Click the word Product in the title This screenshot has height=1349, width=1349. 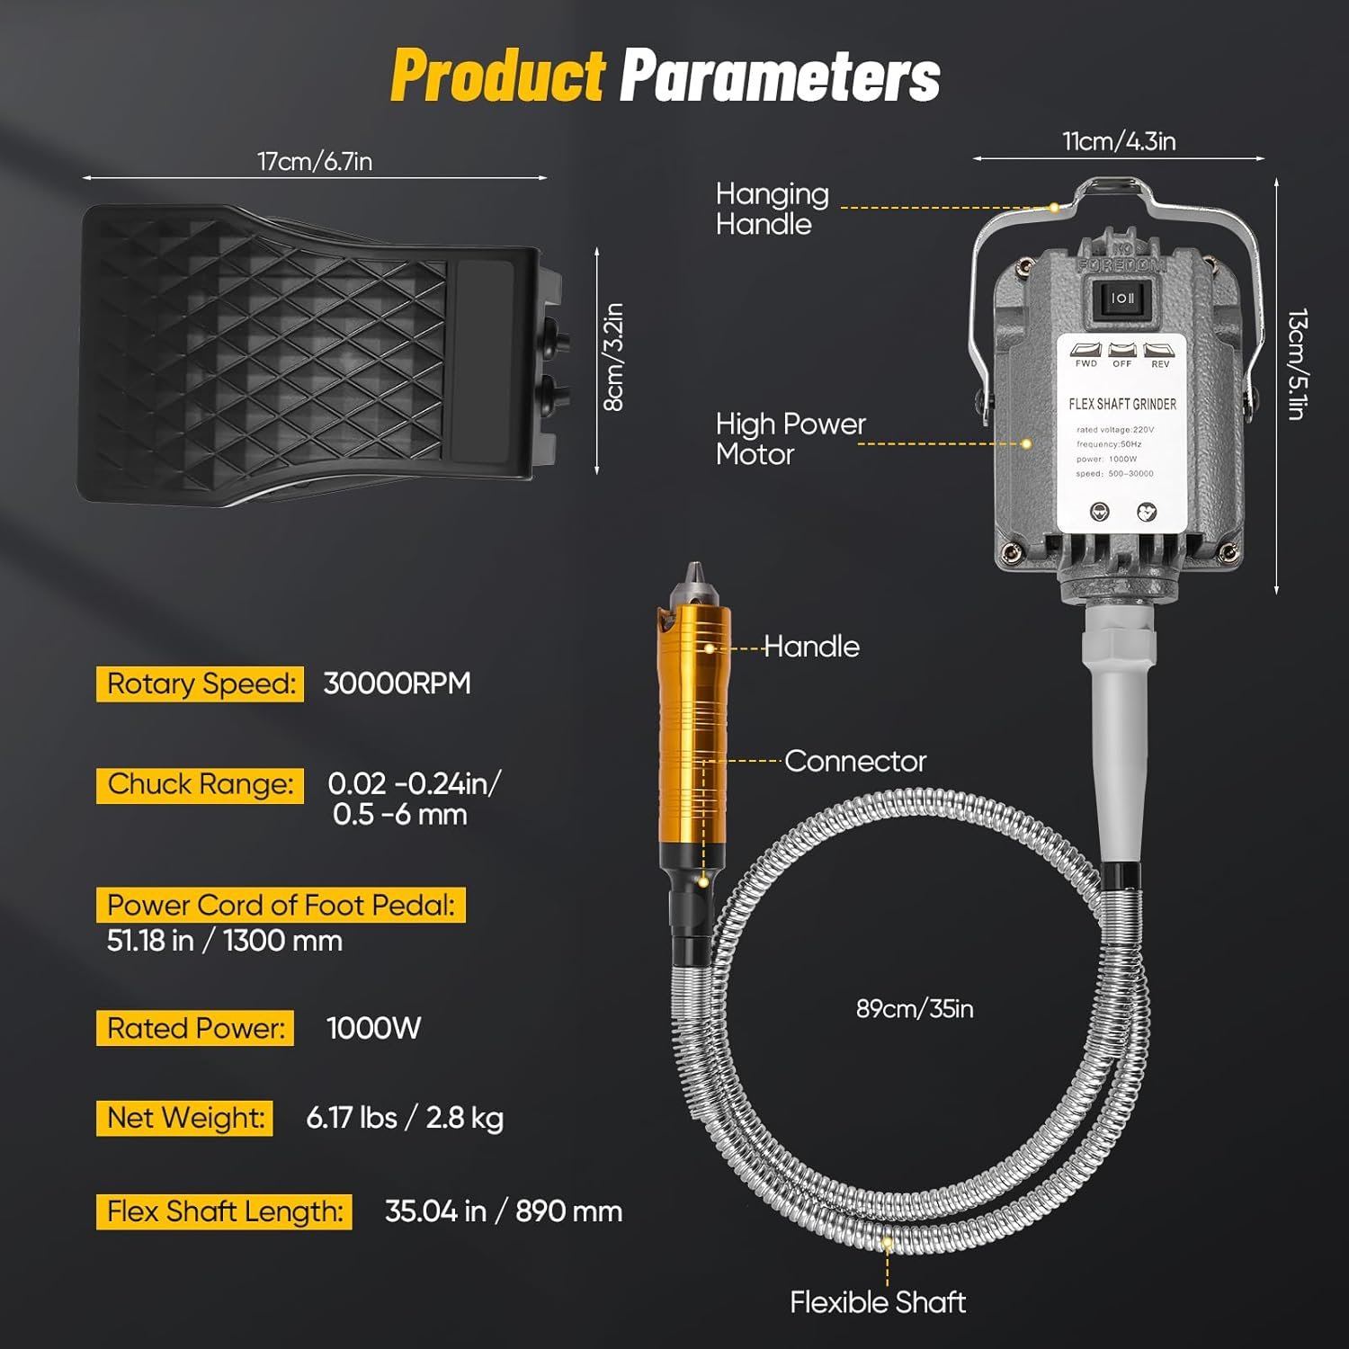[498, 76]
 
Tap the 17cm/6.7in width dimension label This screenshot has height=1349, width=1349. [315, 161]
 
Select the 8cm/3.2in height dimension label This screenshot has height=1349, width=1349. [613, 357]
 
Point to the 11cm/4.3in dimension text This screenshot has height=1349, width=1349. [1119, 141]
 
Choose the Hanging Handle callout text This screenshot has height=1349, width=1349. [773, 209]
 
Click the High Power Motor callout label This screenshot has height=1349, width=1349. [791, 439]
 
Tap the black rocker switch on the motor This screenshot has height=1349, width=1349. [1122, 299]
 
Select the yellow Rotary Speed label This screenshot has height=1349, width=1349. [201, 683]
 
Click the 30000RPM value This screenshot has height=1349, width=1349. [397, 683]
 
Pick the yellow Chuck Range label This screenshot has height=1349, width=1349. [201, 784]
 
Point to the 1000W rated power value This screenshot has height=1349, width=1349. [373, 1028]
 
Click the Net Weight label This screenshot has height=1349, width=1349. [184, 1118]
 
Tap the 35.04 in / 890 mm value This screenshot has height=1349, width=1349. [504, 1211]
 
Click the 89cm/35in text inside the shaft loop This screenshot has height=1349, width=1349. [915, 1009]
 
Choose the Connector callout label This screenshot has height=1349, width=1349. [855, 761]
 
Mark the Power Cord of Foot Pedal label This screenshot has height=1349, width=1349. [281, 905]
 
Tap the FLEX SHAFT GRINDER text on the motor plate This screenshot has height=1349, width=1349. [1122, 405]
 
